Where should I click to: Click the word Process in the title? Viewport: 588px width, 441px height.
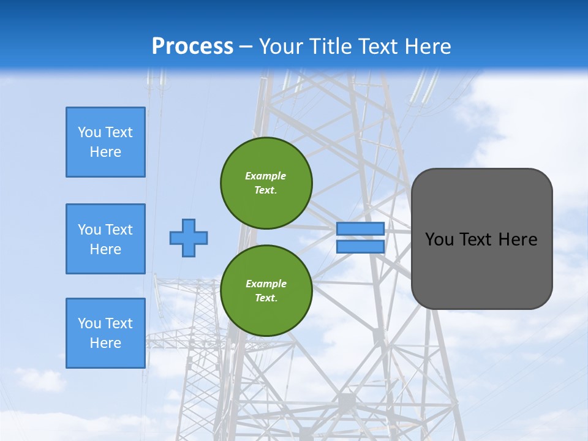192,46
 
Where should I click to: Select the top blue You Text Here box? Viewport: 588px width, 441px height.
105,142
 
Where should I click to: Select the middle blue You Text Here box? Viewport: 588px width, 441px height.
105,239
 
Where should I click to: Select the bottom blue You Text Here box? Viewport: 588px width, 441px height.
105,333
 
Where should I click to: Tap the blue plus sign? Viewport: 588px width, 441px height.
189,238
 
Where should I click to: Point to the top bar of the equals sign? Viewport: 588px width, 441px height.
360,229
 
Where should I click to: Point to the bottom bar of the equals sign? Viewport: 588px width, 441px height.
360,246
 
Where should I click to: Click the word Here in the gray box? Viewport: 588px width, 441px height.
518,239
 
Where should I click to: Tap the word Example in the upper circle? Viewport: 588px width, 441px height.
265,176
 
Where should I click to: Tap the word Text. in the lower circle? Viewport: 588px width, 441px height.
265,298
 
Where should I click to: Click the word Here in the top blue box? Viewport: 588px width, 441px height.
105,152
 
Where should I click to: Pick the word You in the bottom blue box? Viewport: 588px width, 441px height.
89,323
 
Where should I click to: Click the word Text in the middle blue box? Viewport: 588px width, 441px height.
119,230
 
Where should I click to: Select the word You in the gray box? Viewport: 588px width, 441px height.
439,239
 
